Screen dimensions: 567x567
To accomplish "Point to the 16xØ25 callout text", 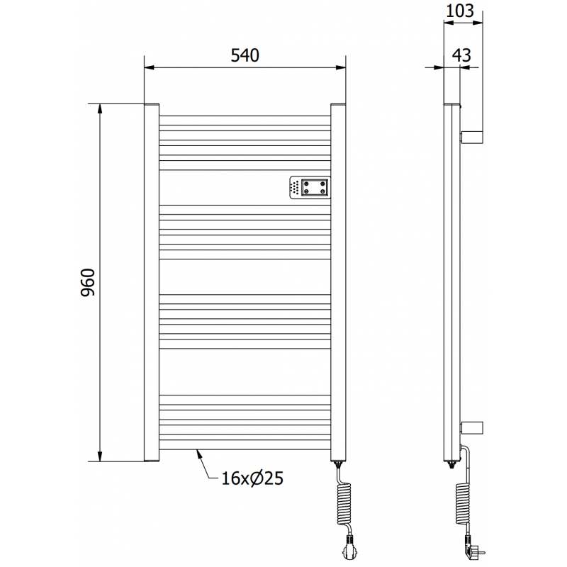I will coord(252,479).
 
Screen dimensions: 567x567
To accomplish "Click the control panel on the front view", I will coord(309,187).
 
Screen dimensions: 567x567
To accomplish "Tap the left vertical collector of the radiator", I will coord(151,283).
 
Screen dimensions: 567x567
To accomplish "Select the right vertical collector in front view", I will coord(339,283).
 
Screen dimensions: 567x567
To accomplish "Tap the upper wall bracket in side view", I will coord(472,136).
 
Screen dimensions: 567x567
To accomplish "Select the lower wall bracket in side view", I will coord(472,427).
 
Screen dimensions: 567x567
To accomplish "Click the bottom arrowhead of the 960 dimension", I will coord(100,456).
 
